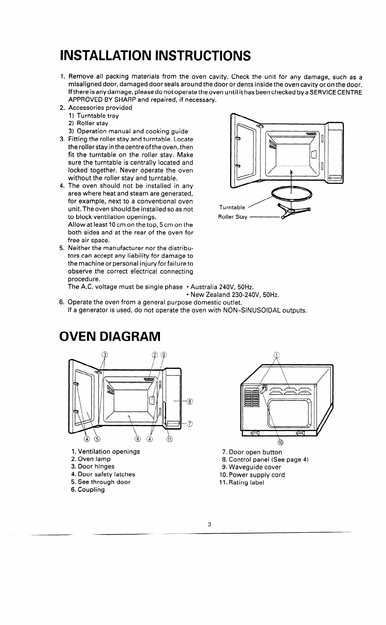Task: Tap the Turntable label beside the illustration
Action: pos(232,207)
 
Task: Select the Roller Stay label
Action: pos(233,217)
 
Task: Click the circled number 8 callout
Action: pos(190,402)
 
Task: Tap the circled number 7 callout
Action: pos(190,423)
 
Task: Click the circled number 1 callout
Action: pos(277,355)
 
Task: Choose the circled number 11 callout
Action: pos(170,439)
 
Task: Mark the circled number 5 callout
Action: pos(97,439)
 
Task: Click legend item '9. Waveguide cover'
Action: pos(251,467)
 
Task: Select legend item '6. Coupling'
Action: pos(88,490)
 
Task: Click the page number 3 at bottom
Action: pos(209,524)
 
